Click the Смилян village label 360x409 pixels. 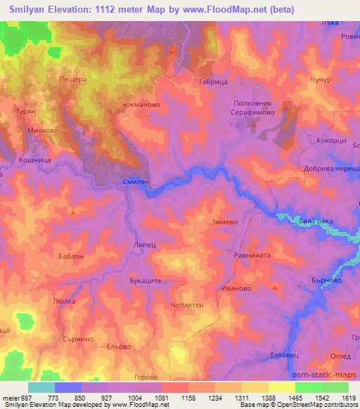click(x=136, y=181)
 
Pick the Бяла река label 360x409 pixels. click(x=315, y=221)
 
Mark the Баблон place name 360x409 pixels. click(x=71, y=257)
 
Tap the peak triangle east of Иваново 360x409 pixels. click(x=275, y=287)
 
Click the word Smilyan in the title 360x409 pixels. click(x=32, y=9)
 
